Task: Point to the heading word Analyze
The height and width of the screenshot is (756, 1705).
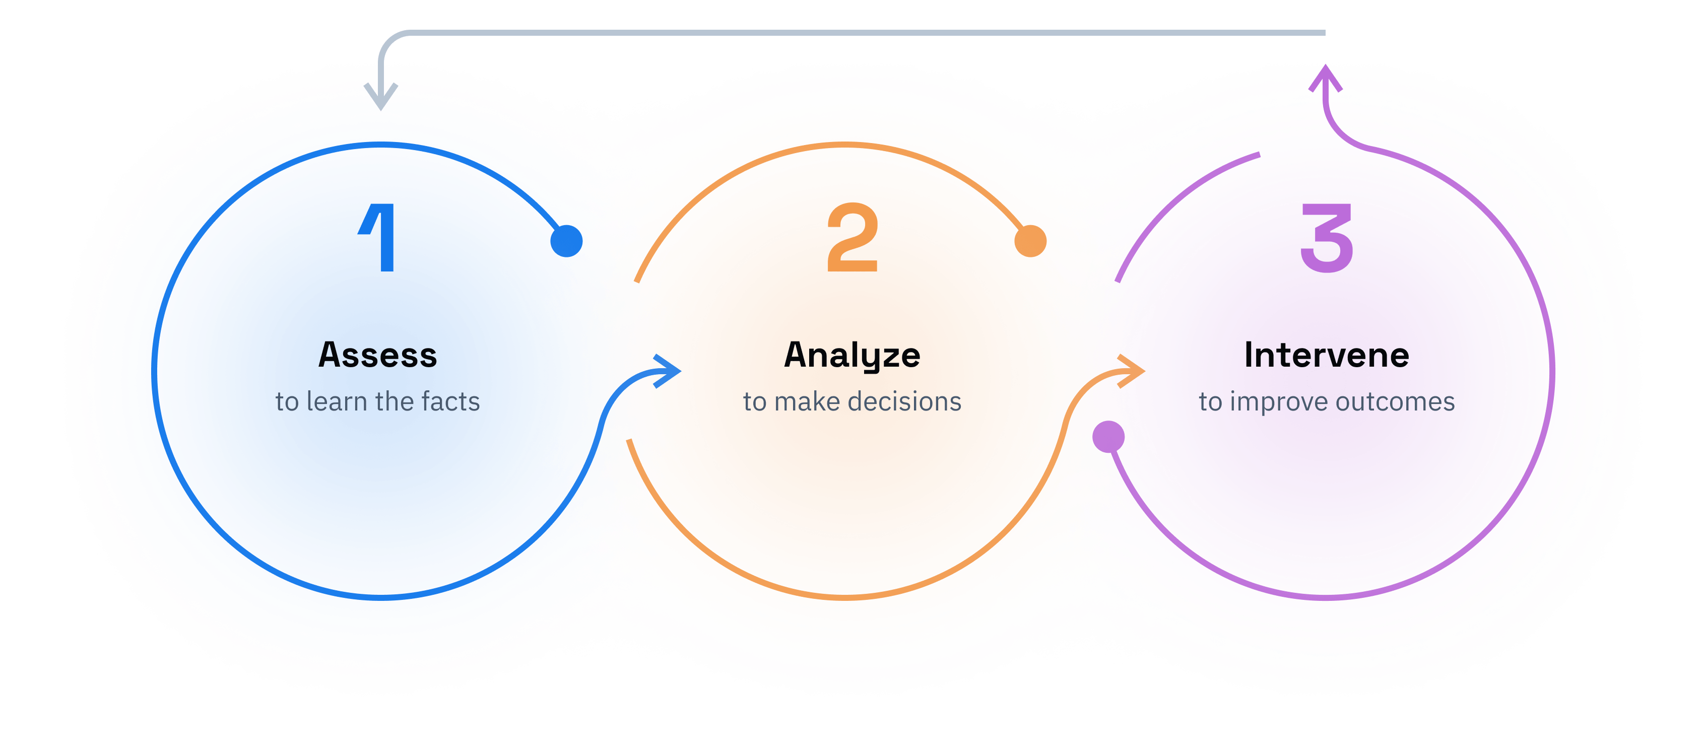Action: click(852, 356)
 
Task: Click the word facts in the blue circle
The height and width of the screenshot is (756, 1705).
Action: click(450, 401)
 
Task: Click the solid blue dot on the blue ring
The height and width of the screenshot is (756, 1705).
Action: click(566, 241)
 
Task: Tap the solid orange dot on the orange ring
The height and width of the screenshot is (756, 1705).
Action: click(1030, 241)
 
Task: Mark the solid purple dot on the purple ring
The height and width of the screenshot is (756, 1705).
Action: click(1108, 437)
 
